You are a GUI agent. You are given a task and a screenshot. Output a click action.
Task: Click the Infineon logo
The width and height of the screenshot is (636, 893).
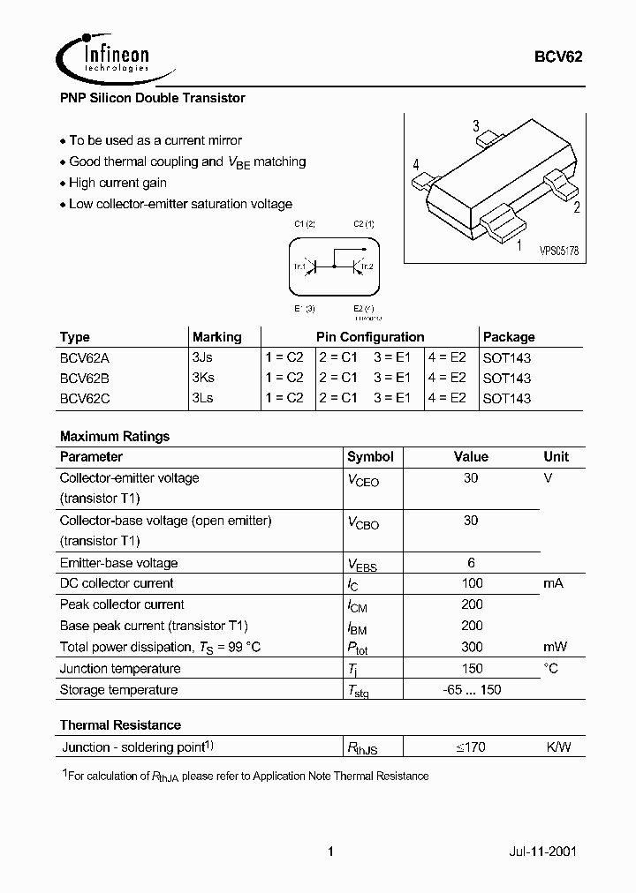point(103,56)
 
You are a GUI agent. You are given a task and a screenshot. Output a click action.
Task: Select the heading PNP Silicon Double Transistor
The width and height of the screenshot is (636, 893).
point(152,98)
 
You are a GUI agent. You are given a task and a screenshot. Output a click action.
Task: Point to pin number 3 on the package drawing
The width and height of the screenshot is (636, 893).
point(476,126)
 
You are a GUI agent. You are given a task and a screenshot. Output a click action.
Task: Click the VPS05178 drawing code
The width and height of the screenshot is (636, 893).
point(558,251)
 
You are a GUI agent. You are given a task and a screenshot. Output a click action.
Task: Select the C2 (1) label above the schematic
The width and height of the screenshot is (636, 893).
point(364,225)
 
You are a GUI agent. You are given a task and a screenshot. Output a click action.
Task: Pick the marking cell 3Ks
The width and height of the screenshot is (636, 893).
point(202,378)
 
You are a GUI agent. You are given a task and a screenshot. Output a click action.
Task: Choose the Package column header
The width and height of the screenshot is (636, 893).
point(509,337)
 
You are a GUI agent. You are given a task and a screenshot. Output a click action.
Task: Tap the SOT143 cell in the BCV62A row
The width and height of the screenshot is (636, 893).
point(507,358)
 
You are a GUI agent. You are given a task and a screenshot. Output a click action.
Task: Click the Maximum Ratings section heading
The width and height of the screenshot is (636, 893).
point(115,436)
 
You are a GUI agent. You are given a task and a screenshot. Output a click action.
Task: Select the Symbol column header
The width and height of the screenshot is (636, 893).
point(370,457)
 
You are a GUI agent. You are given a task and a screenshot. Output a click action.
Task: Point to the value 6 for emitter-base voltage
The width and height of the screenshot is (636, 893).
point(471,562)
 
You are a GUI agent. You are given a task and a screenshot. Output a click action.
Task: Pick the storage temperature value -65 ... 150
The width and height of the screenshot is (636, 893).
point(471,689)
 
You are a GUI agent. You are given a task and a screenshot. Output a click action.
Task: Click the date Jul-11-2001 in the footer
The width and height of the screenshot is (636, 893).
point(545,852)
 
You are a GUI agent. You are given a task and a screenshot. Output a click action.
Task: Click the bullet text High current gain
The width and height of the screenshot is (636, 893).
point(117,183)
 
